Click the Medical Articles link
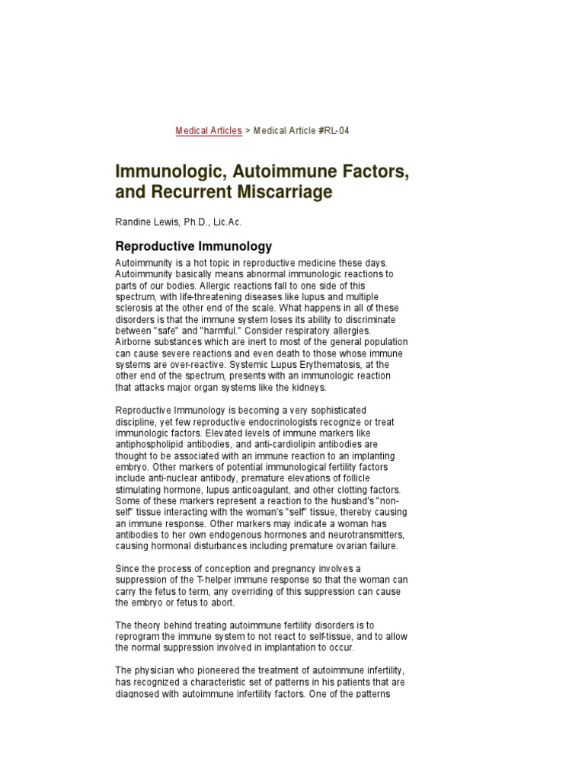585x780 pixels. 209,131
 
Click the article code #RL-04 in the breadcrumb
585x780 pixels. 329,131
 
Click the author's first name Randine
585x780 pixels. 133,222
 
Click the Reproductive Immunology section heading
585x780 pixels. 193,246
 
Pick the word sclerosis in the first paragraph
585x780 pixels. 135,307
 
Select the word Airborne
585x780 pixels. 133,343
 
